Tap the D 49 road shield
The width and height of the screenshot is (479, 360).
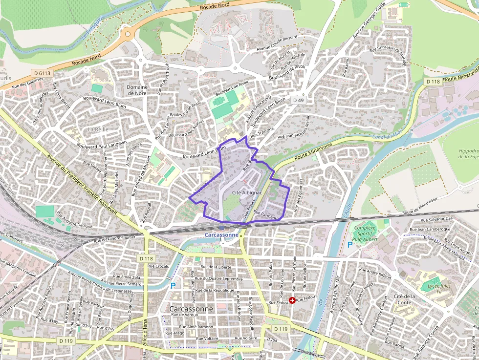point(298,100)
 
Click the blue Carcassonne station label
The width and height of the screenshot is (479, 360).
point(221,234)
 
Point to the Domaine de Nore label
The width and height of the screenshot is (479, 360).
point(137,90)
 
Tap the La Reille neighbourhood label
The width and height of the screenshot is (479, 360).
point(98,129)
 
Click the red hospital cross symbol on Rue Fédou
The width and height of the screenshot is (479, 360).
point(292,300)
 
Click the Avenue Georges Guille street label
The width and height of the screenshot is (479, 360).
point(370,20)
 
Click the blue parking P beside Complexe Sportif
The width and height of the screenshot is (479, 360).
point(349,244)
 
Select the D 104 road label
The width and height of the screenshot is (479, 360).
point(272,339)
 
